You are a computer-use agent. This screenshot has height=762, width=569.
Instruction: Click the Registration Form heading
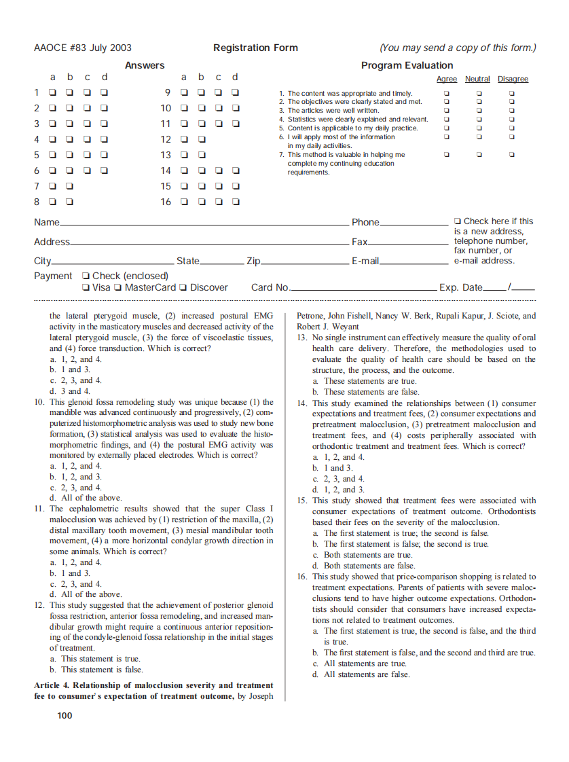[x=255, y=48]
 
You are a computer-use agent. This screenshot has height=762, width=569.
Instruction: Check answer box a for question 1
[x=53, y=92]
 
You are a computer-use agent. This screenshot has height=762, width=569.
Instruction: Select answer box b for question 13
[x=202, y=155]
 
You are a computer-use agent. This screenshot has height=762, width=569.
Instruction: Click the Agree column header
[x=446, y=79]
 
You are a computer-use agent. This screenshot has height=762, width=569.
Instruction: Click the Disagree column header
[x=513, y=79]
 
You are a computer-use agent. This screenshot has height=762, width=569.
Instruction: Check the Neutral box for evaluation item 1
[x=479, y=93]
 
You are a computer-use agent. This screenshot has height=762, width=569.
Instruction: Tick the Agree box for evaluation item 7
[x=446, y=154]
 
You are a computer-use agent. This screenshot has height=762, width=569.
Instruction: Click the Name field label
[x=46, y=222]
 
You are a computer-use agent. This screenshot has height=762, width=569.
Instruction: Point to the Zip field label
[x=253, y=261]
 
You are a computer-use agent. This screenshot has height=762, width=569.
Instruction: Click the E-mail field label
[x=365, y=261]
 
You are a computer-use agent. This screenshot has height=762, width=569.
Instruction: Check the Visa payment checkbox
[x=85, y=287]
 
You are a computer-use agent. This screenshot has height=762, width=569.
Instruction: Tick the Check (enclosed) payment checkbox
[x=85, y=276]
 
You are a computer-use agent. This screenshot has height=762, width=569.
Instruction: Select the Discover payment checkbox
[x=184, y=287]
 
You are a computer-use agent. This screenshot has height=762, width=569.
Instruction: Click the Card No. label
[x=270, y=287]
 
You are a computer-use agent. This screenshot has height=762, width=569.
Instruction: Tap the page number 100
[x=65, y=715]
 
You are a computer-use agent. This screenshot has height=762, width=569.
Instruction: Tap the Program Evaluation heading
[x=407, y=65]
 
